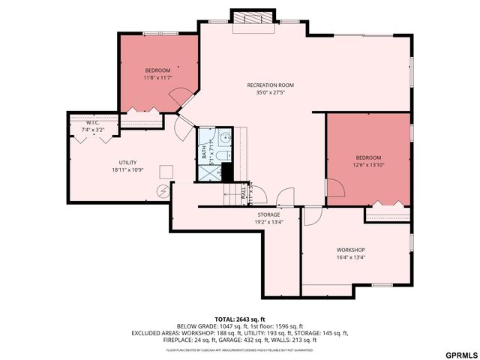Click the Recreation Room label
point(270,85)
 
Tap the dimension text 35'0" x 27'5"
point(270,94)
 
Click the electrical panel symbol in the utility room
point(162,190)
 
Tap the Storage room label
point(268,214)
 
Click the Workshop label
point(350,250)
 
